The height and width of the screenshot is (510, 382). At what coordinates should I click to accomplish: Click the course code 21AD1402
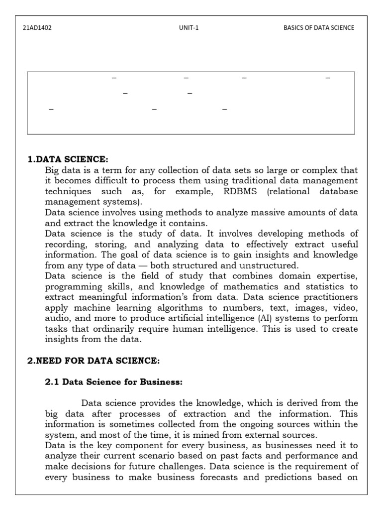point(37,28)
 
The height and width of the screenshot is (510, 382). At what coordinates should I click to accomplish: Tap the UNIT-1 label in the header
point(189,28)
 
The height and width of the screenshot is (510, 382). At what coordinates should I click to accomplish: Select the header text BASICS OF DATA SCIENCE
point(319,28)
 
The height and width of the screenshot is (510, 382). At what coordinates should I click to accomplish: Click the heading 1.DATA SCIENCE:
point(68,159)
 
